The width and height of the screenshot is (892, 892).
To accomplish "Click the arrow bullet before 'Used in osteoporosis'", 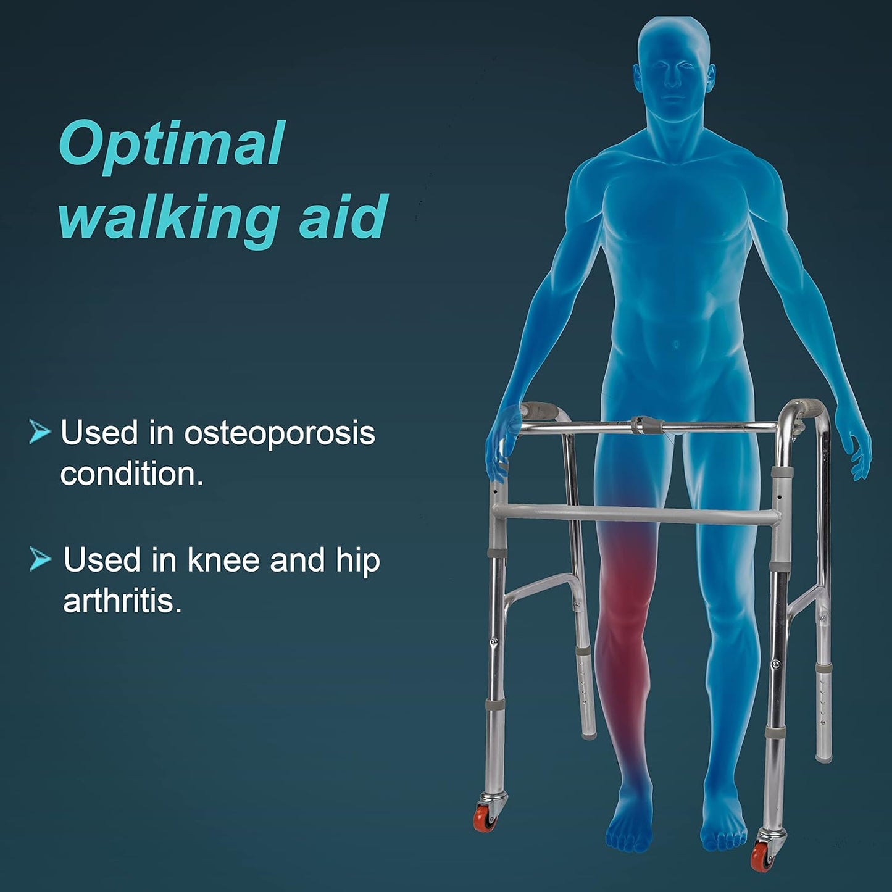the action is click(40, 431).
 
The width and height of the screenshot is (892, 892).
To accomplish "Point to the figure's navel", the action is click(677, 344).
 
